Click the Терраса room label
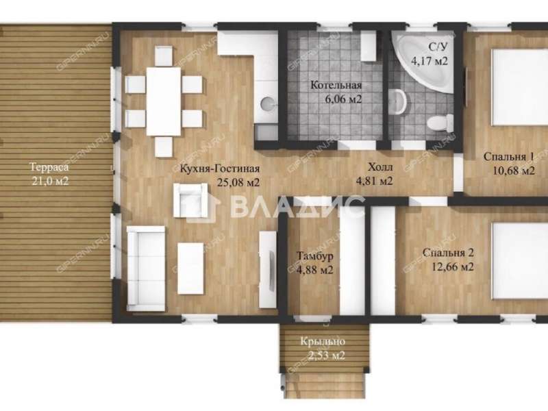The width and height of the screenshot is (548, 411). [49, 167]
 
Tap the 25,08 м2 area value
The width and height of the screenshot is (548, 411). [238, 182]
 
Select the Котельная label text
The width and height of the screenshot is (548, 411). [336, 85]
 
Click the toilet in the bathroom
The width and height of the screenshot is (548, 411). [440, 123]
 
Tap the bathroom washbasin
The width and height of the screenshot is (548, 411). [398, 101]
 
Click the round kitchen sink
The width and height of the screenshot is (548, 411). [267, 103]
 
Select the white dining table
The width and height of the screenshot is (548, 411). [164, 101]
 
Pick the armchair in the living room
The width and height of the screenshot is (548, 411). [190, 200]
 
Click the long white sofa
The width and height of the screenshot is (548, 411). [146, 269]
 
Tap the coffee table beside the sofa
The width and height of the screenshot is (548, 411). [190, 269]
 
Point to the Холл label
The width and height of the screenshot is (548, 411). [380, 167]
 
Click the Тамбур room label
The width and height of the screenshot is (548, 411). [315, 256]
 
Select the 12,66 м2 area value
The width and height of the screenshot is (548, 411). [453, 267]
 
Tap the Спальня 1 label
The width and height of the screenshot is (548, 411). [508, 157]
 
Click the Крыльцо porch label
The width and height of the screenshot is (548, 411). [323, 341]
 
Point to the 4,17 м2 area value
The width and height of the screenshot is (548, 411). [429, 61]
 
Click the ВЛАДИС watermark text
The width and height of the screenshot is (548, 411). [297, 206]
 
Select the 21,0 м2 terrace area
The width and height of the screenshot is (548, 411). [50, 182]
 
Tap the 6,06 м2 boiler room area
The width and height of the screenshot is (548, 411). [343, 99]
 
